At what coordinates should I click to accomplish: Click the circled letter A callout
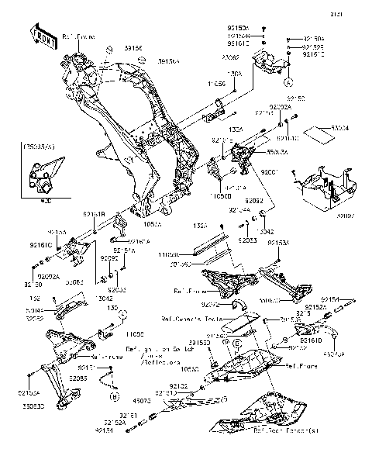(x=288, y=81)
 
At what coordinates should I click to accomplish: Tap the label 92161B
(x=95, y=213)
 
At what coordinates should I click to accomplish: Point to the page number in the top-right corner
(x=356, y=15)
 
